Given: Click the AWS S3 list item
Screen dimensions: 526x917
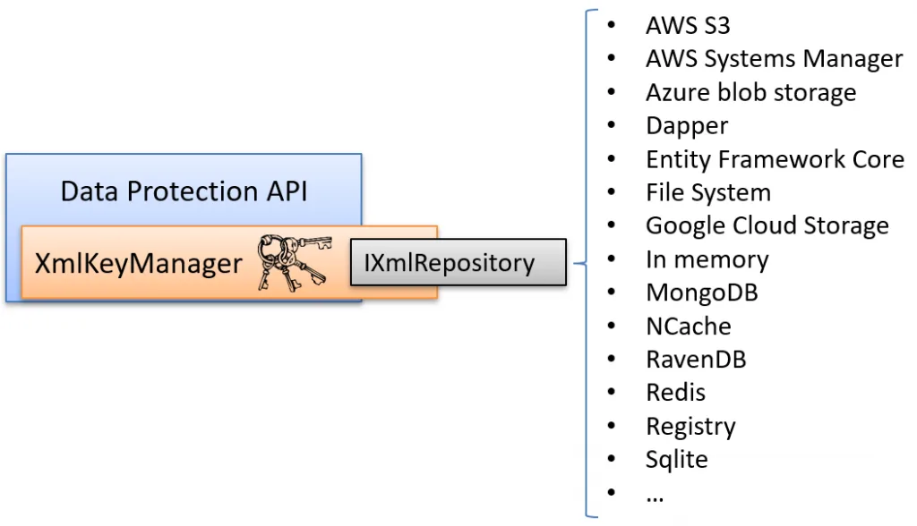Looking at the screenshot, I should coord(688,25).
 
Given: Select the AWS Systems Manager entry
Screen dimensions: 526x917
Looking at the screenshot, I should coord(774,59).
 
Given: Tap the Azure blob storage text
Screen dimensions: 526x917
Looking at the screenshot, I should coord(750,92).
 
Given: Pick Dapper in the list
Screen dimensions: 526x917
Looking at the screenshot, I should coord(687,126).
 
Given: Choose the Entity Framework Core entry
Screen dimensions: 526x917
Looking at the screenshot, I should coord(775,159).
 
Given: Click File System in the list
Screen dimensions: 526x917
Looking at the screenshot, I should coord(707,192).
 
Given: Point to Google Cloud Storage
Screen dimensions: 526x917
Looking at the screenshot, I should coord(767,225).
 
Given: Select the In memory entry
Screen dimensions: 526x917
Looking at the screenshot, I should coord(707,259).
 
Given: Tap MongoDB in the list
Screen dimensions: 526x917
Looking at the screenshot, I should coord(701,293).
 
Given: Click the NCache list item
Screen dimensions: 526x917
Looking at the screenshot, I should coord(688,326).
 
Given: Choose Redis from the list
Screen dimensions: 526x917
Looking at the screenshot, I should coord(675,392).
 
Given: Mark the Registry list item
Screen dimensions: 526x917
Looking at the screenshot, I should coord(690,426).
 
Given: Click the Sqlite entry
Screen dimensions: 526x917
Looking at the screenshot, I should coord(676,459).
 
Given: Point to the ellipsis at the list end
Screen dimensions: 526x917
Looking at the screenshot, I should coord(655,495).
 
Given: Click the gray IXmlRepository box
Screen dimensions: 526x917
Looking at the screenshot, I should coord(458,262).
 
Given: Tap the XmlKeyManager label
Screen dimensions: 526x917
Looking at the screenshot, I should coord(138,263).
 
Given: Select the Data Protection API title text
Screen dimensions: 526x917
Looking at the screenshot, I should coord(184,191).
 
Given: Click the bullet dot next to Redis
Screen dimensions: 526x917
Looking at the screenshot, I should coord(612,392).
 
